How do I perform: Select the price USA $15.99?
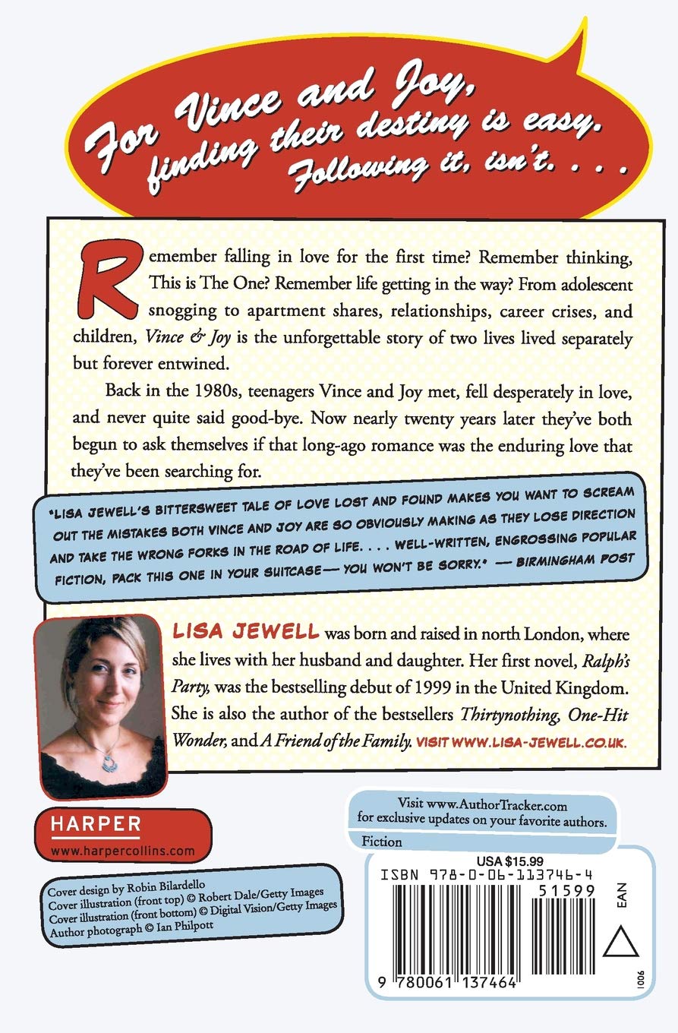pos(499,861)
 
